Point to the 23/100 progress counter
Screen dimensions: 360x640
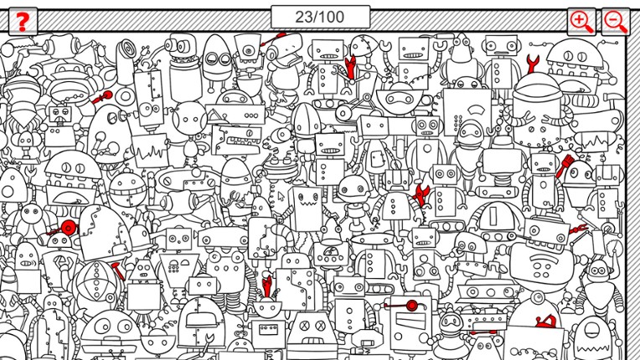pos(320,17)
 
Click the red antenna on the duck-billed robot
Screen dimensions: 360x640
pos(276,38)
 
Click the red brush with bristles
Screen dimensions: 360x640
pos(562,166)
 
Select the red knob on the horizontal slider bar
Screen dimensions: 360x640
pos(410,305)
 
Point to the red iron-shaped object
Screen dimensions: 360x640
pos(545,320)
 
